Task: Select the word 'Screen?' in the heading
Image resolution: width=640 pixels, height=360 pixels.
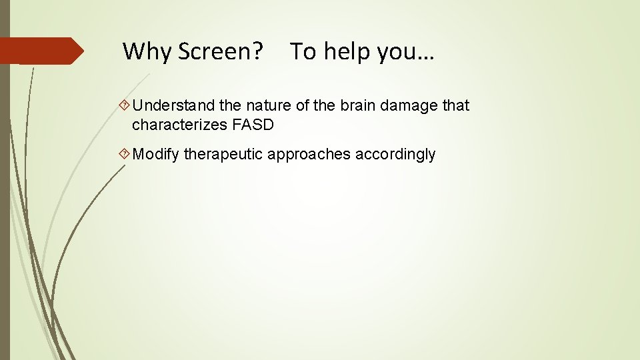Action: [x=220, y=51]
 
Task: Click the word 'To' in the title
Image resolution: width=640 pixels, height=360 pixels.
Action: [x=303, y=51]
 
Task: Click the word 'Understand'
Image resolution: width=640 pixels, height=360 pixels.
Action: [x=169, y=106]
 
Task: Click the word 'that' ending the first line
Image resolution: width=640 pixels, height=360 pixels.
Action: [x=455, y=106]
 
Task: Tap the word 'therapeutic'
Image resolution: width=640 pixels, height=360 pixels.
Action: [x=223, y=155]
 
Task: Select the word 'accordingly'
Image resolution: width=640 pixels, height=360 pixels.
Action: [x=395, y=155]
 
